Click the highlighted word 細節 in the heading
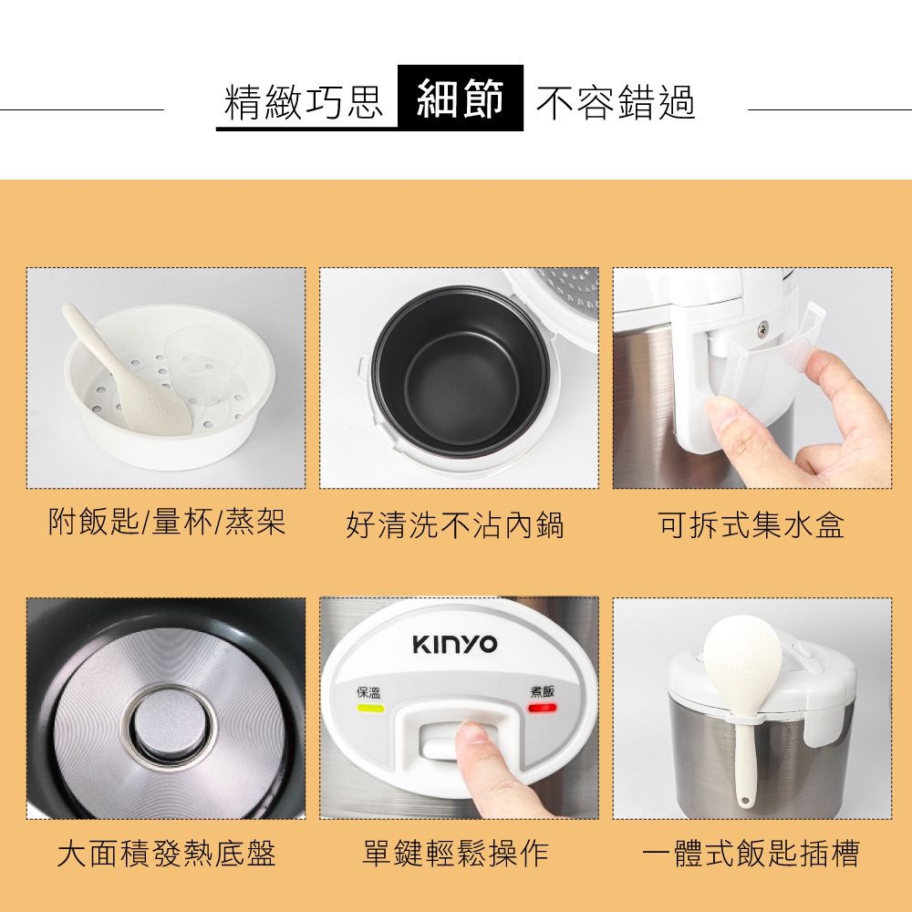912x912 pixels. coord(461,98)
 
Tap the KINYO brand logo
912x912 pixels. coord(455,645)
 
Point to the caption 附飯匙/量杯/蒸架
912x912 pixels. coord(167,523)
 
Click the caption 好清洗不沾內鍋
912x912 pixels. coord(455,524)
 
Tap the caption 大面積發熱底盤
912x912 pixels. coord(166,854)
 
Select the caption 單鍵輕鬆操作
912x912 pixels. coord(455,854)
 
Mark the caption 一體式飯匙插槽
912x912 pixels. coord(750,854)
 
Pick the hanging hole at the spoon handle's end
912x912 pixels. coord(745,802)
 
